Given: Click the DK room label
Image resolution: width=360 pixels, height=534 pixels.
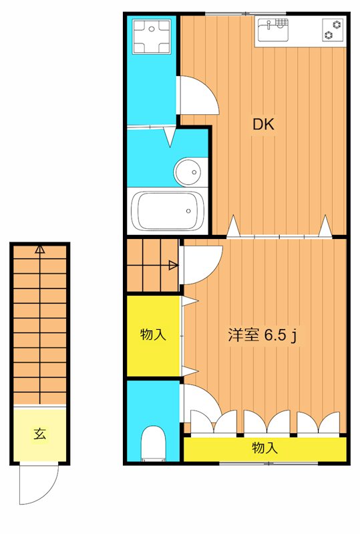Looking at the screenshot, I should click(263, 123).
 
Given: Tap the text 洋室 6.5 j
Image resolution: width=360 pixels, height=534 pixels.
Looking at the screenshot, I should click(262, 336).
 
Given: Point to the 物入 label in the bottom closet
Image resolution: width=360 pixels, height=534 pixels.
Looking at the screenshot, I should click(264, 448).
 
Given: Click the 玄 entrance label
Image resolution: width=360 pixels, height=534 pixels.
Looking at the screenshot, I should click(40, 434).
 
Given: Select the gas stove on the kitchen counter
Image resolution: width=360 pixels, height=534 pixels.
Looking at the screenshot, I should click(333, 30).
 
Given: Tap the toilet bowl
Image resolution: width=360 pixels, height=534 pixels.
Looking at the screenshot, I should click(154, 443).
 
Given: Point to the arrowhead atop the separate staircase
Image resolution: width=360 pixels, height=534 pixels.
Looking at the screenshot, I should click(40, 250).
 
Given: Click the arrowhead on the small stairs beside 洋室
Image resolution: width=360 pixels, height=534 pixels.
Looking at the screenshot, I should click(173, 266).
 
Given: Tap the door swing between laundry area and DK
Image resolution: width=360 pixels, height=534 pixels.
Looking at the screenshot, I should click(199, 97).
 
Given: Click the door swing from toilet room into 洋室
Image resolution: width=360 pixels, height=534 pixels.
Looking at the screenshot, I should click(203, 400).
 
